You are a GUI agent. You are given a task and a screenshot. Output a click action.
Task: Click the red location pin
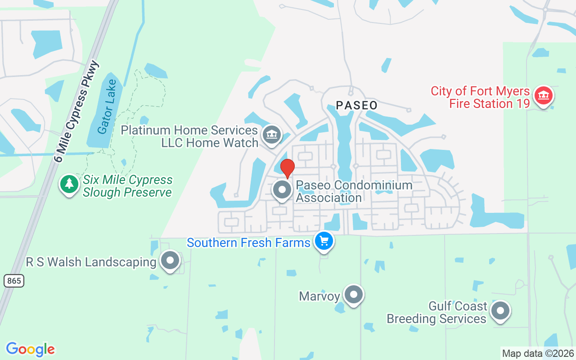click(287, 168)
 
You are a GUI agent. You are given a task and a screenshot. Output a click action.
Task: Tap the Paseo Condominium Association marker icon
click(283, 190)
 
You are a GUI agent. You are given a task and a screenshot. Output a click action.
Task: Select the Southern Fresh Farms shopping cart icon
click(324, 242)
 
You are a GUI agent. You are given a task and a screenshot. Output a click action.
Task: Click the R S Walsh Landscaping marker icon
click(170, 261)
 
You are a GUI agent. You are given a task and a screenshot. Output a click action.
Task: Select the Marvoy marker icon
click(353, 295)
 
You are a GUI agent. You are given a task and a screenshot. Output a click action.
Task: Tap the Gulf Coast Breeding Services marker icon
click(499, 311)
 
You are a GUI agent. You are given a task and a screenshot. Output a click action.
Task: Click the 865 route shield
click(14, 281)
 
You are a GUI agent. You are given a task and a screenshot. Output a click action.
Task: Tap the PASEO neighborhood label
click(356, 106)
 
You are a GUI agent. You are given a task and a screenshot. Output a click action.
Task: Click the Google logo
click(30, 349)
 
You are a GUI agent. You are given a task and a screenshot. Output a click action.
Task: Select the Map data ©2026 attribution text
click(538, 353)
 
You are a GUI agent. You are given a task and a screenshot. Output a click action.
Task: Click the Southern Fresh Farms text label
click(248, 243)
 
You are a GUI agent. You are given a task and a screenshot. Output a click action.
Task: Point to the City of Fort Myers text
click(480, 91)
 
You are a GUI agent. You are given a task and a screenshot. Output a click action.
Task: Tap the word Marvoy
click(319, 296)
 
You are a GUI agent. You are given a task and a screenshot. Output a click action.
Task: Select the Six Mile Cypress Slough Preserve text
click(127, 186)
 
